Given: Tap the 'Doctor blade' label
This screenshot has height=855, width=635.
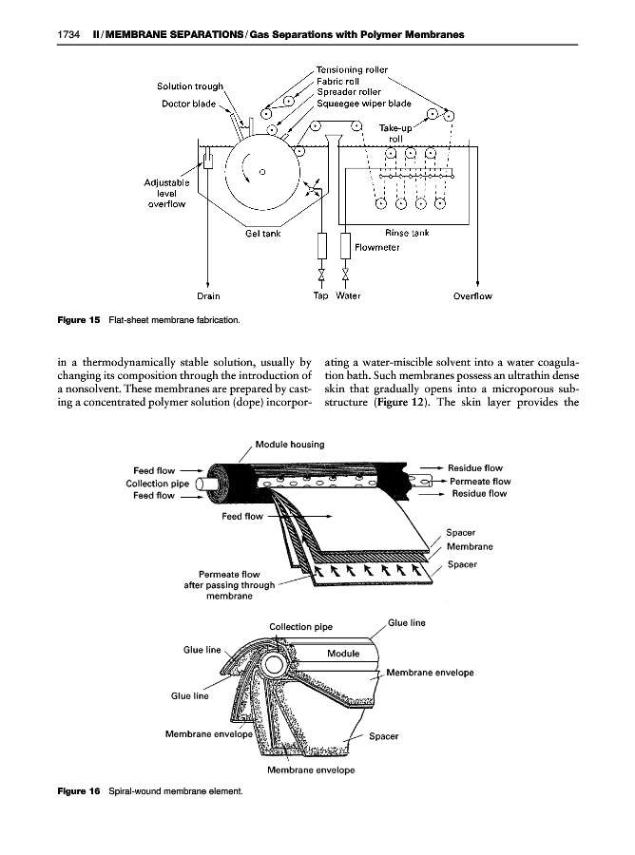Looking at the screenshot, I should [191, 104].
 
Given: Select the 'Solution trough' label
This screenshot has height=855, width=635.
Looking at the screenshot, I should [190, 88].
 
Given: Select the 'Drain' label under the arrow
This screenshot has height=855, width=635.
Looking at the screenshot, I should [208, 295].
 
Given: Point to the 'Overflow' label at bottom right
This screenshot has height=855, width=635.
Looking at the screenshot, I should [472, 295].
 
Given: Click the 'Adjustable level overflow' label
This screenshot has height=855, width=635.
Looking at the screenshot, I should [166, 191].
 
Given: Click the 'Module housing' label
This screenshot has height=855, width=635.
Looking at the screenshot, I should [291, 444].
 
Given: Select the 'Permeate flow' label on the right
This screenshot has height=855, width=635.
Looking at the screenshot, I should [480, 481].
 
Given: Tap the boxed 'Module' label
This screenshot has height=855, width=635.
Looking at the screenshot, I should [342, 654].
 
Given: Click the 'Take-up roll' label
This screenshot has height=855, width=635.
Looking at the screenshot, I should [397, 132].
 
